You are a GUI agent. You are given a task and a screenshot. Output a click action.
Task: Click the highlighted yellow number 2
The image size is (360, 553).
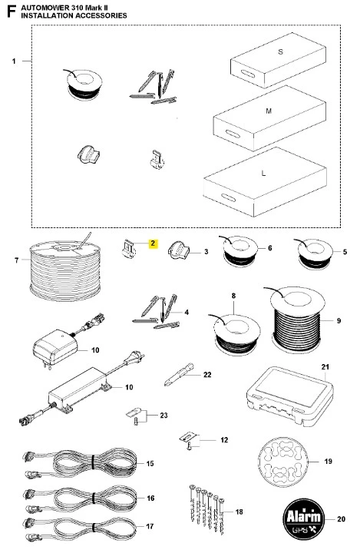(153, 243)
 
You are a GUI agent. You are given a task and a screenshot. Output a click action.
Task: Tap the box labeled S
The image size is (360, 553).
(278, 61)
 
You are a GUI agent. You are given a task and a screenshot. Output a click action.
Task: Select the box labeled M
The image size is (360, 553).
(269, 118)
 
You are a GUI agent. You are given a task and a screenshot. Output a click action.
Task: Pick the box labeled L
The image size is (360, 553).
(265, 182)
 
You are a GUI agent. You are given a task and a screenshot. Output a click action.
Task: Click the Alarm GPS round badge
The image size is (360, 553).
(303, 518)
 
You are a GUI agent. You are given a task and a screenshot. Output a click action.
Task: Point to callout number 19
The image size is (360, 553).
(328, 461)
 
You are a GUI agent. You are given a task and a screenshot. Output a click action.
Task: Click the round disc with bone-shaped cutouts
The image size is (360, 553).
(283, 462)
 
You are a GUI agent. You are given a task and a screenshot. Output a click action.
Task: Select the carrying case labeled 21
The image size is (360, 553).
(289, 397)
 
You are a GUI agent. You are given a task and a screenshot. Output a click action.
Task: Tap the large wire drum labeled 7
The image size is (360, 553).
(65, 270)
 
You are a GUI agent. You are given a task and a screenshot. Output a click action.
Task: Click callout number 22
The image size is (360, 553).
(207, 375)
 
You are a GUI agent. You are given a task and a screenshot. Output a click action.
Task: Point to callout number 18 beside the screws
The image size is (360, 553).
(239, 512)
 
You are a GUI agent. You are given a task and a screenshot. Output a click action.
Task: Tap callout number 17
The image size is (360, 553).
(150, 526)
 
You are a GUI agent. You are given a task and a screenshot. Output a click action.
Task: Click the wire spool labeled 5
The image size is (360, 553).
(315, 253)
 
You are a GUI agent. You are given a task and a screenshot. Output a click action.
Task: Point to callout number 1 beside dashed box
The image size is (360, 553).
(14, 61)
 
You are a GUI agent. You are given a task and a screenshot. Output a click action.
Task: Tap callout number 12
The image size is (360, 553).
(224, 440)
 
